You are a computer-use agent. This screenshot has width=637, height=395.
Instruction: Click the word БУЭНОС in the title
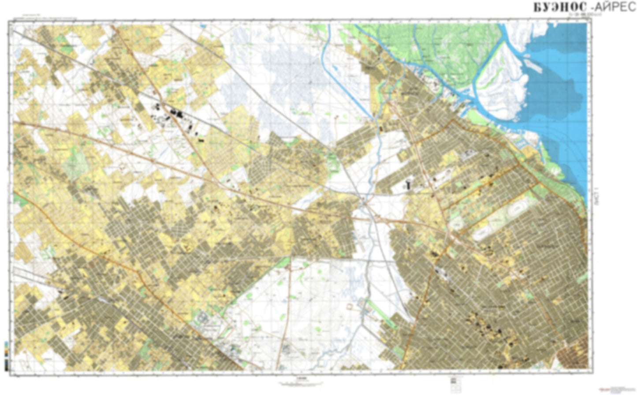(559, 7)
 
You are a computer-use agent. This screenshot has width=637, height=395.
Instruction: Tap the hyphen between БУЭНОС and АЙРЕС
(592, 7)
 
